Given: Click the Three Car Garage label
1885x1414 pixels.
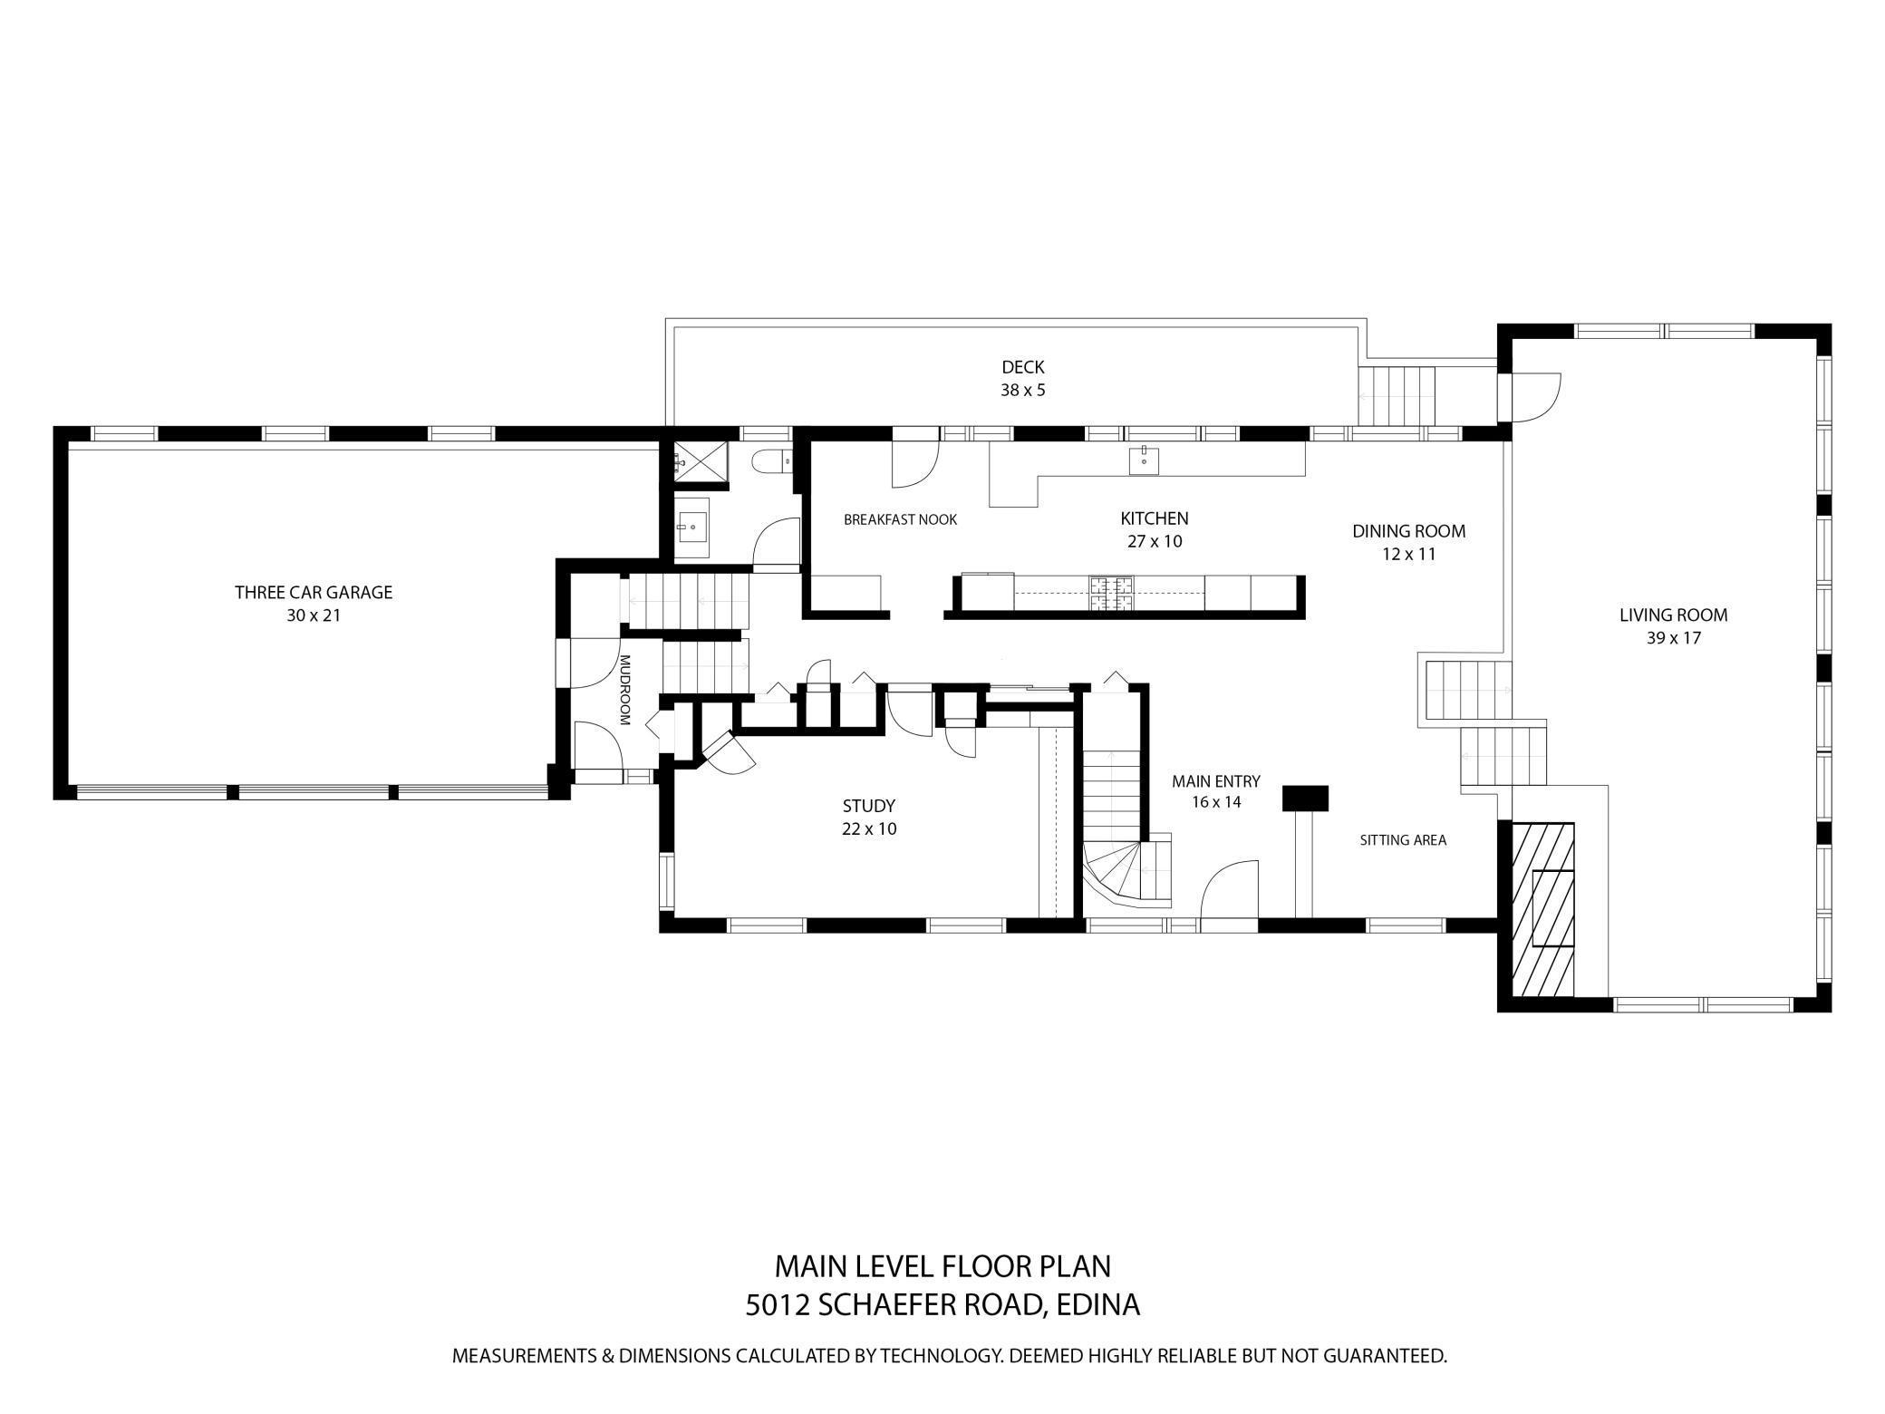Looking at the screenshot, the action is coord(314,593).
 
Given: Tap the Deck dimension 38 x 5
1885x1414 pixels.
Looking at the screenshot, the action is coord(1023,391).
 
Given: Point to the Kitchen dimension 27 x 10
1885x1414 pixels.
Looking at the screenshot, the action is coord(1155,542).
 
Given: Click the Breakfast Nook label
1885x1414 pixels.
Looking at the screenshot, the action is coord(900,520).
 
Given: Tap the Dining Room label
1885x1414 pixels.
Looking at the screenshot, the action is coord(1409,532).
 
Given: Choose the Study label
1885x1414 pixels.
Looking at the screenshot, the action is coord(869,806).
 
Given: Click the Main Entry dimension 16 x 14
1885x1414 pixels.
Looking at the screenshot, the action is coord(1216,802).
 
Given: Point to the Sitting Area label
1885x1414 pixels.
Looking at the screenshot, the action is coord(1403,840).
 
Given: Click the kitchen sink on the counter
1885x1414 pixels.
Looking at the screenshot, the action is coord(1144,460).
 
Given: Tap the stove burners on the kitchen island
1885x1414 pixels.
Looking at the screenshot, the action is coord(1111,594).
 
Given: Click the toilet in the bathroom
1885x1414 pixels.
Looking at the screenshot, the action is coord(772,461).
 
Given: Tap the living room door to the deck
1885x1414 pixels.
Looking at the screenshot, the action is coord(1530,398).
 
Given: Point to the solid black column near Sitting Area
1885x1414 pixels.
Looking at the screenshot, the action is coord(1305,798).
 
